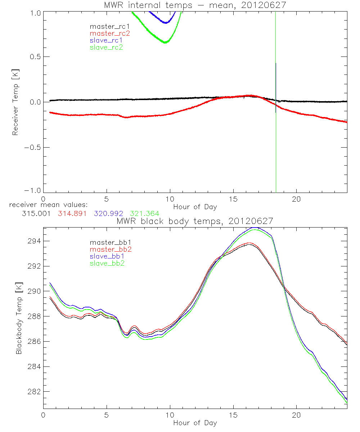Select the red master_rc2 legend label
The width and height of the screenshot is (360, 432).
(x=109, y=33)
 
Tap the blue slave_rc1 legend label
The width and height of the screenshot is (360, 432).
(x=106, y=40)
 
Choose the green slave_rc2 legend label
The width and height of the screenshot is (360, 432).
(x=106, y=47)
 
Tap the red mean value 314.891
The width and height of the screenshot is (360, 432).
(x=73, y=214)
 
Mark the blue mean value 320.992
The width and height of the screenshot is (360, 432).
(x=108, y=214)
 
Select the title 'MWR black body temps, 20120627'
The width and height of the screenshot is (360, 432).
(x=195, y=221)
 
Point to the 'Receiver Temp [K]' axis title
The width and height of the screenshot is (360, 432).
(x=15, y=102)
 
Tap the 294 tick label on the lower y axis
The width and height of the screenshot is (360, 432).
(x=35, y=241)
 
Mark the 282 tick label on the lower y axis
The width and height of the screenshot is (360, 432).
(x=35, y=392)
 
